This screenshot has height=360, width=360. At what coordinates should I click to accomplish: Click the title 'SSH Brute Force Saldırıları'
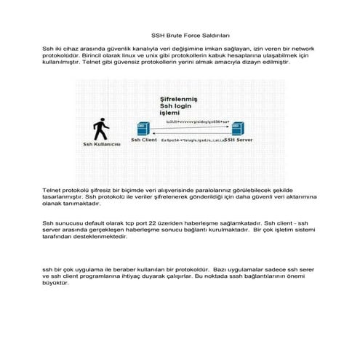tap(179, 34)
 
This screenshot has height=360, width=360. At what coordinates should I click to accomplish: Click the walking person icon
tap(101, 130)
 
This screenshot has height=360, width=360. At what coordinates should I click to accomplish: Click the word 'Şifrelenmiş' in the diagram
tap(180, 98)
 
